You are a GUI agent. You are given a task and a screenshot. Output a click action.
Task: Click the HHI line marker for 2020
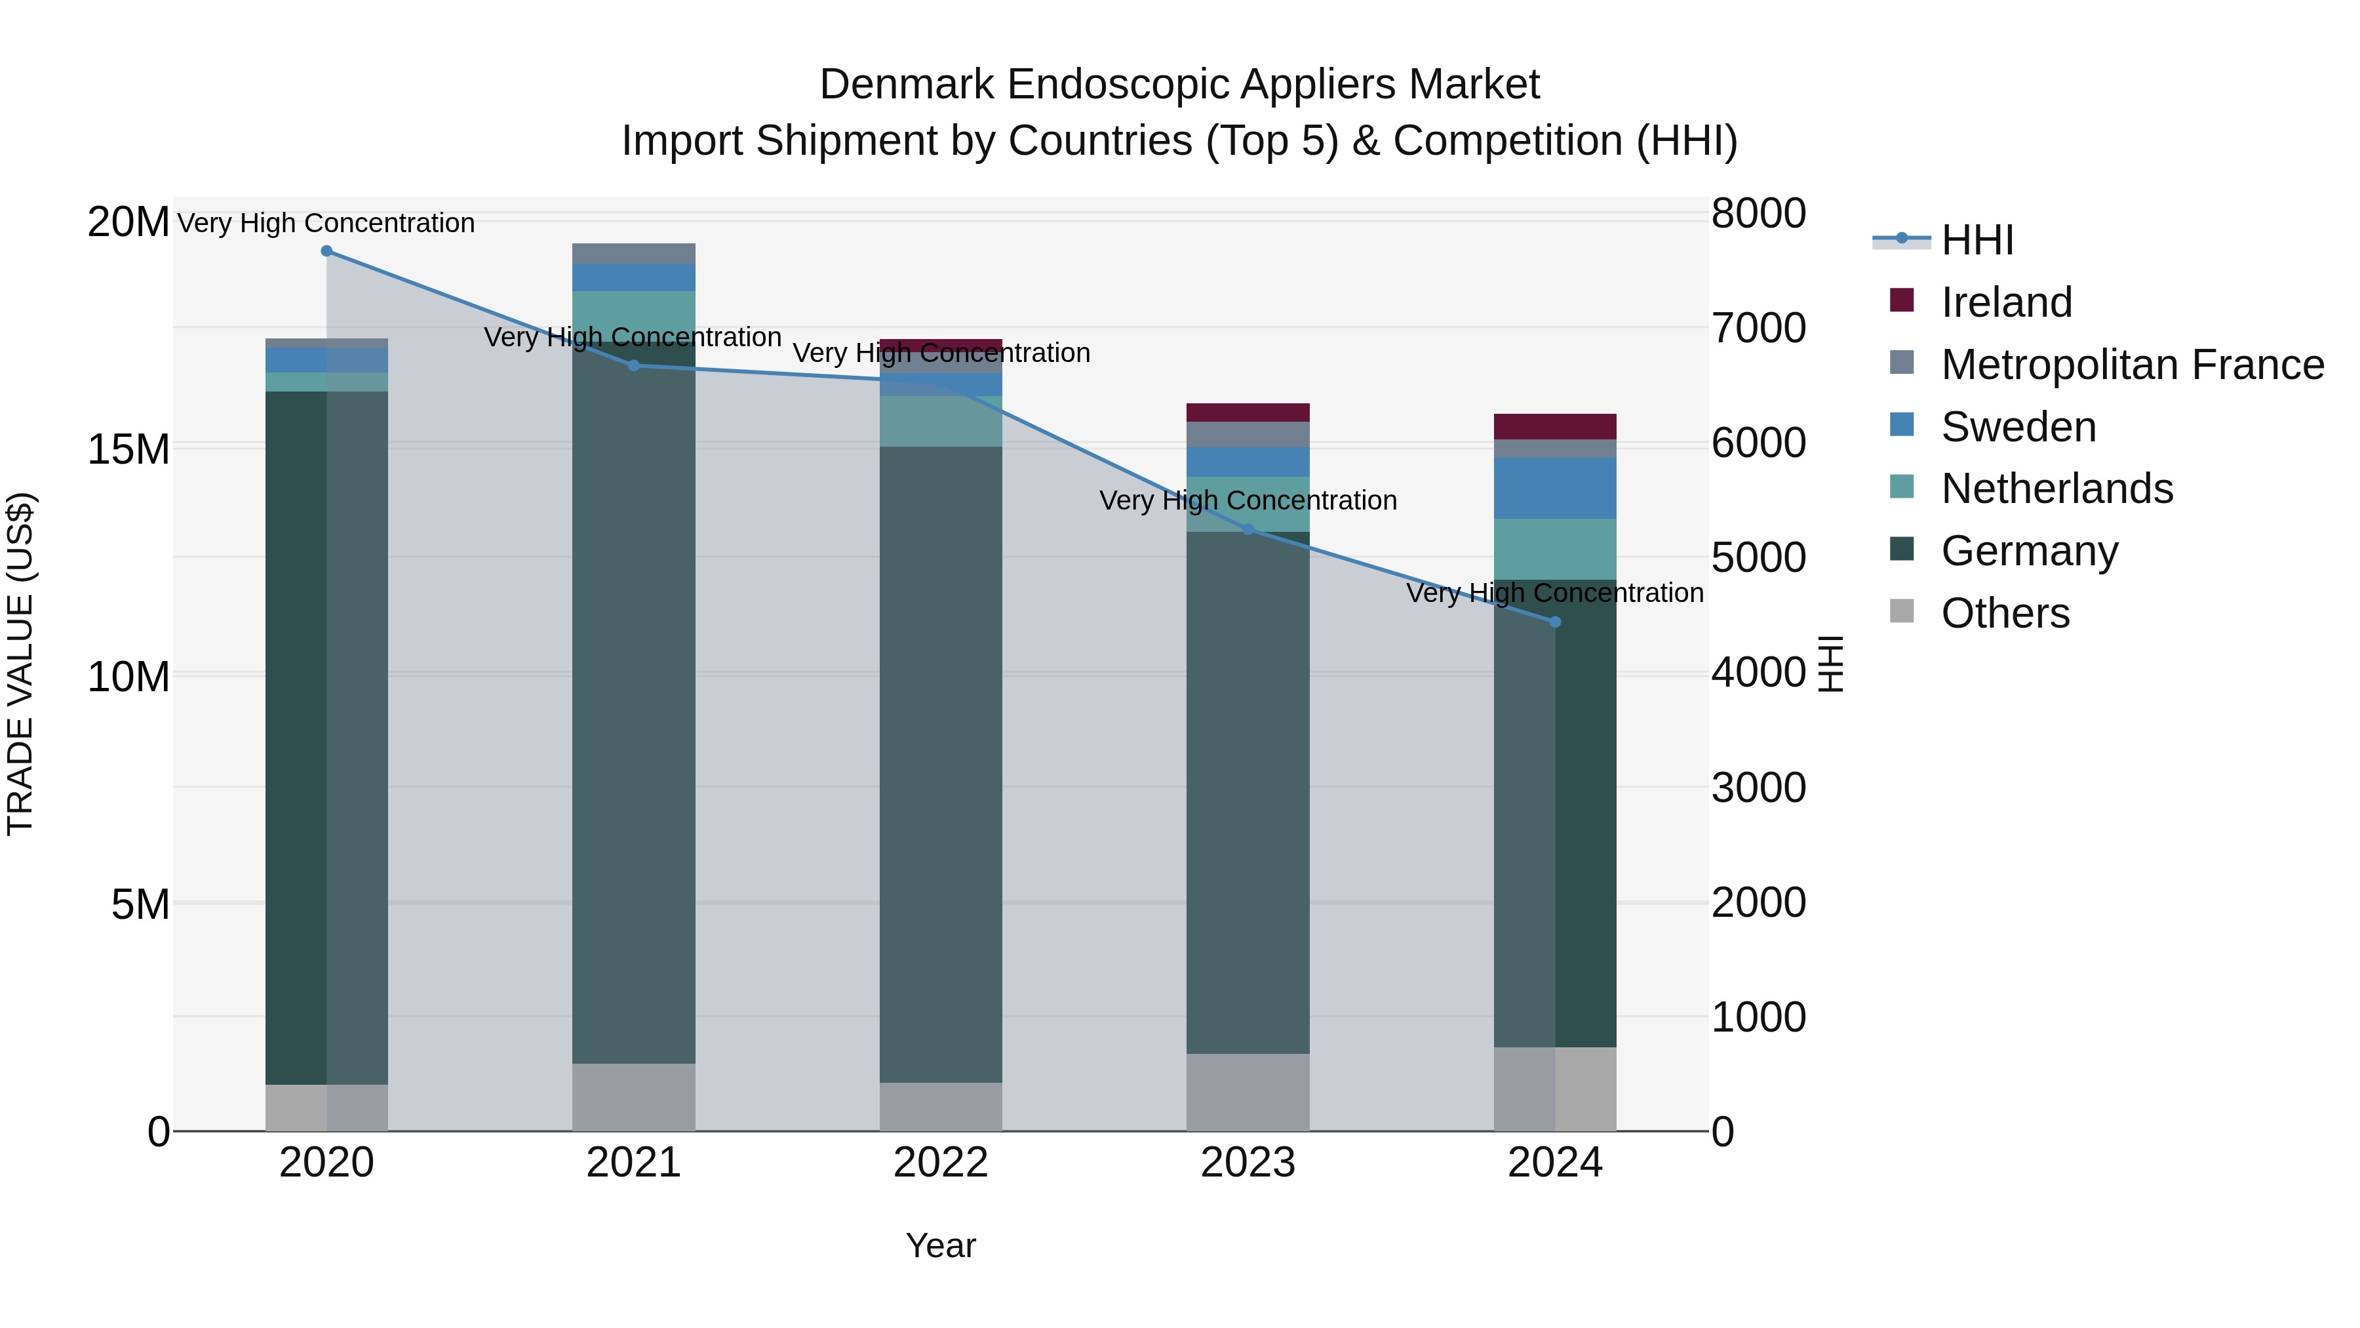tap(326, 251)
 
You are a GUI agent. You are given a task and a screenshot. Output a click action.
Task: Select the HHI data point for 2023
tap(1248, 530)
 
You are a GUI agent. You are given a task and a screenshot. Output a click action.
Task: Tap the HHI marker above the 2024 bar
tap(1555, 622)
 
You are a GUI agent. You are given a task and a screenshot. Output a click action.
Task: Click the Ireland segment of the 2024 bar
tap(1555, 427)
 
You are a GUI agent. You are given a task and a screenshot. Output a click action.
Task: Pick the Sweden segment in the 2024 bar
tap(1555, 489)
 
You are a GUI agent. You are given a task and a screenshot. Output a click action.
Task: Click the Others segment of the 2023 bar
tap(1248, 1093)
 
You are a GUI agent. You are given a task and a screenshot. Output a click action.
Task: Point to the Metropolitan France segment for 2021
tap(633, 254)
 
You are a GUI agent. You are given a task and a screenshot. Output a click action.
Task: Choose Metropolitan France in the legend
tap(2131, 365)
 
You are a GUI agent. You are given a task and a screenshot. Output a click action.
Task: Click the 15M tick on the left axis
tap(128, 449)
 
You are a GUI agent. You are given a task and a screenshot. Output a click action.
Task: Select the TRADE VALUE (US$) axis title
tap(20, 664)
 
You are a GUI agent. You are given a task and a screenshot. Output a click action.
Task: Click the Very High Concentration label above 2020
tap(326, 223)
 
